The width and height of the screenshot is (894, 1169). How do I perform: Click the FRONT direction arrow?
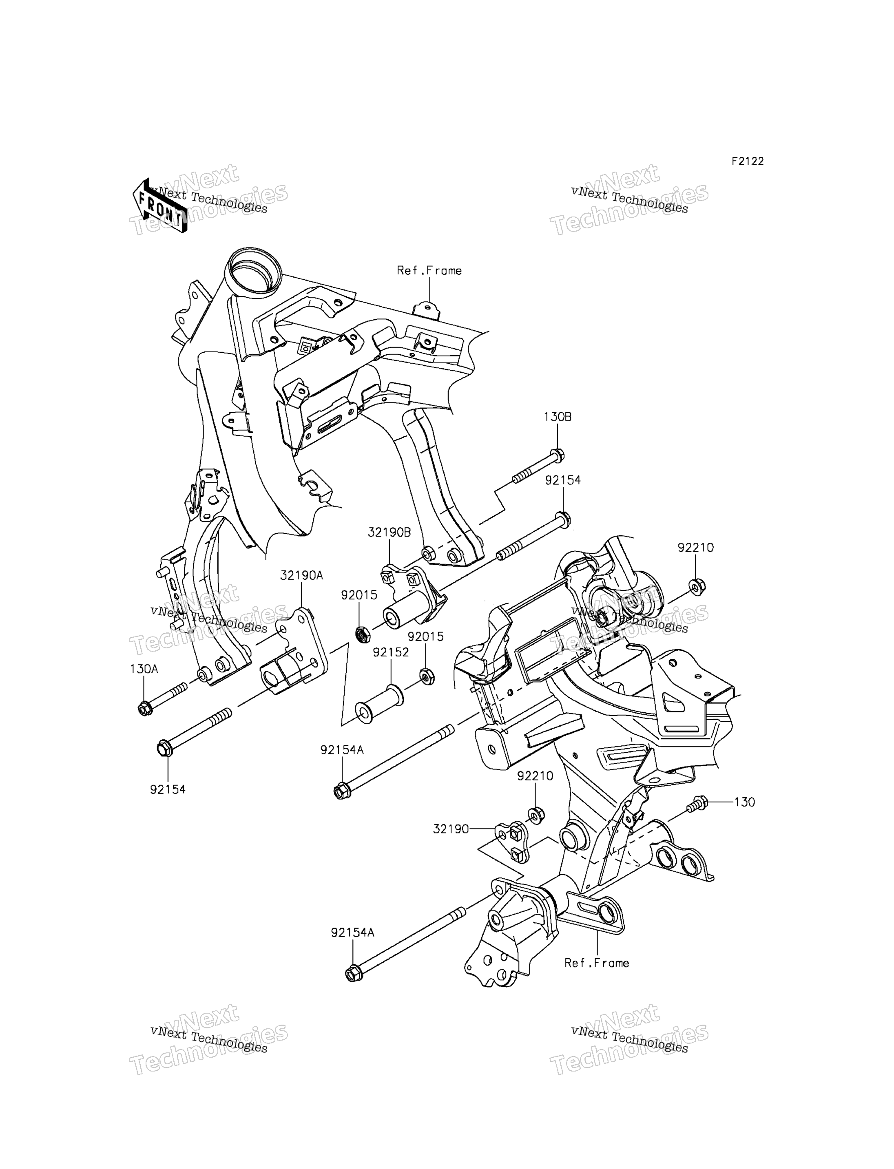pos(159,206)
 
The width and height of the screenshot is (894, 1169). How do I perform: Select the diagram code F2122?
pos(747,161)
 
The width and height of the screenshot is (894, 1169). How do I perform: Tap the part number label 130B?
pos(557,417)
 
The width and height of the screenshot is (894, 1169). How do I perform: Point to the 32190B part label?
pos(389,533)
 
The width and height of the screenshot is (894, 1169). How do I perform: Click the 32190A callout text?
pos(302,575)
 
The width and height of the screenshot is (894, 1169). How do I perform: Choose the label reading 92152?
pos(391,652)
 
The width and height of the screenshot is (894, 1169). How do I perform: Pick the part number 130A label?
pos(144,669)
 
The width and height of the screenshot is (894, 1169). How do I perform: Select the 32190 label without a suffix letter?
pos(451,829)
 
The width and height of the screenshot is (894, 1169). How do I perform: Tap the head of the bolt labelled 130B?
pos(557,455)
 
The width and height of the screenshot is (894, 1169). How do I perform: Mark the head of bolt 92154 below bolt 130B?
pos(563,518)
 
